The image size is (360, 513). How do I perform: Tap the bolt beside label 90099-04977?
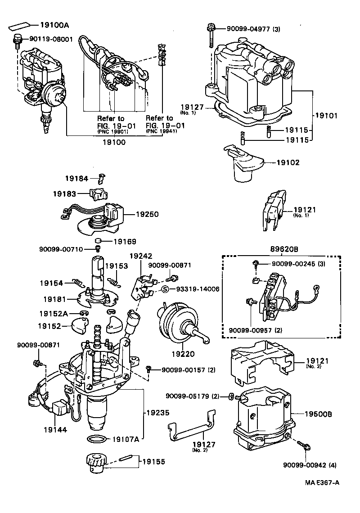210,34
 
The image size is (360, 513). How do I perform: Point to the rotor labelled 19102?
245,164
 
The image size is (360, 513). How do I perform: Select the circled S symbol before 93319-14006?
166,289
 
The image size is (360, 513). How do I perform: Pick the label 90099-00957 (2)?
256,331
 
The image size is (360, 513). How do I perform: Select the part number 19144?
55,429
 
